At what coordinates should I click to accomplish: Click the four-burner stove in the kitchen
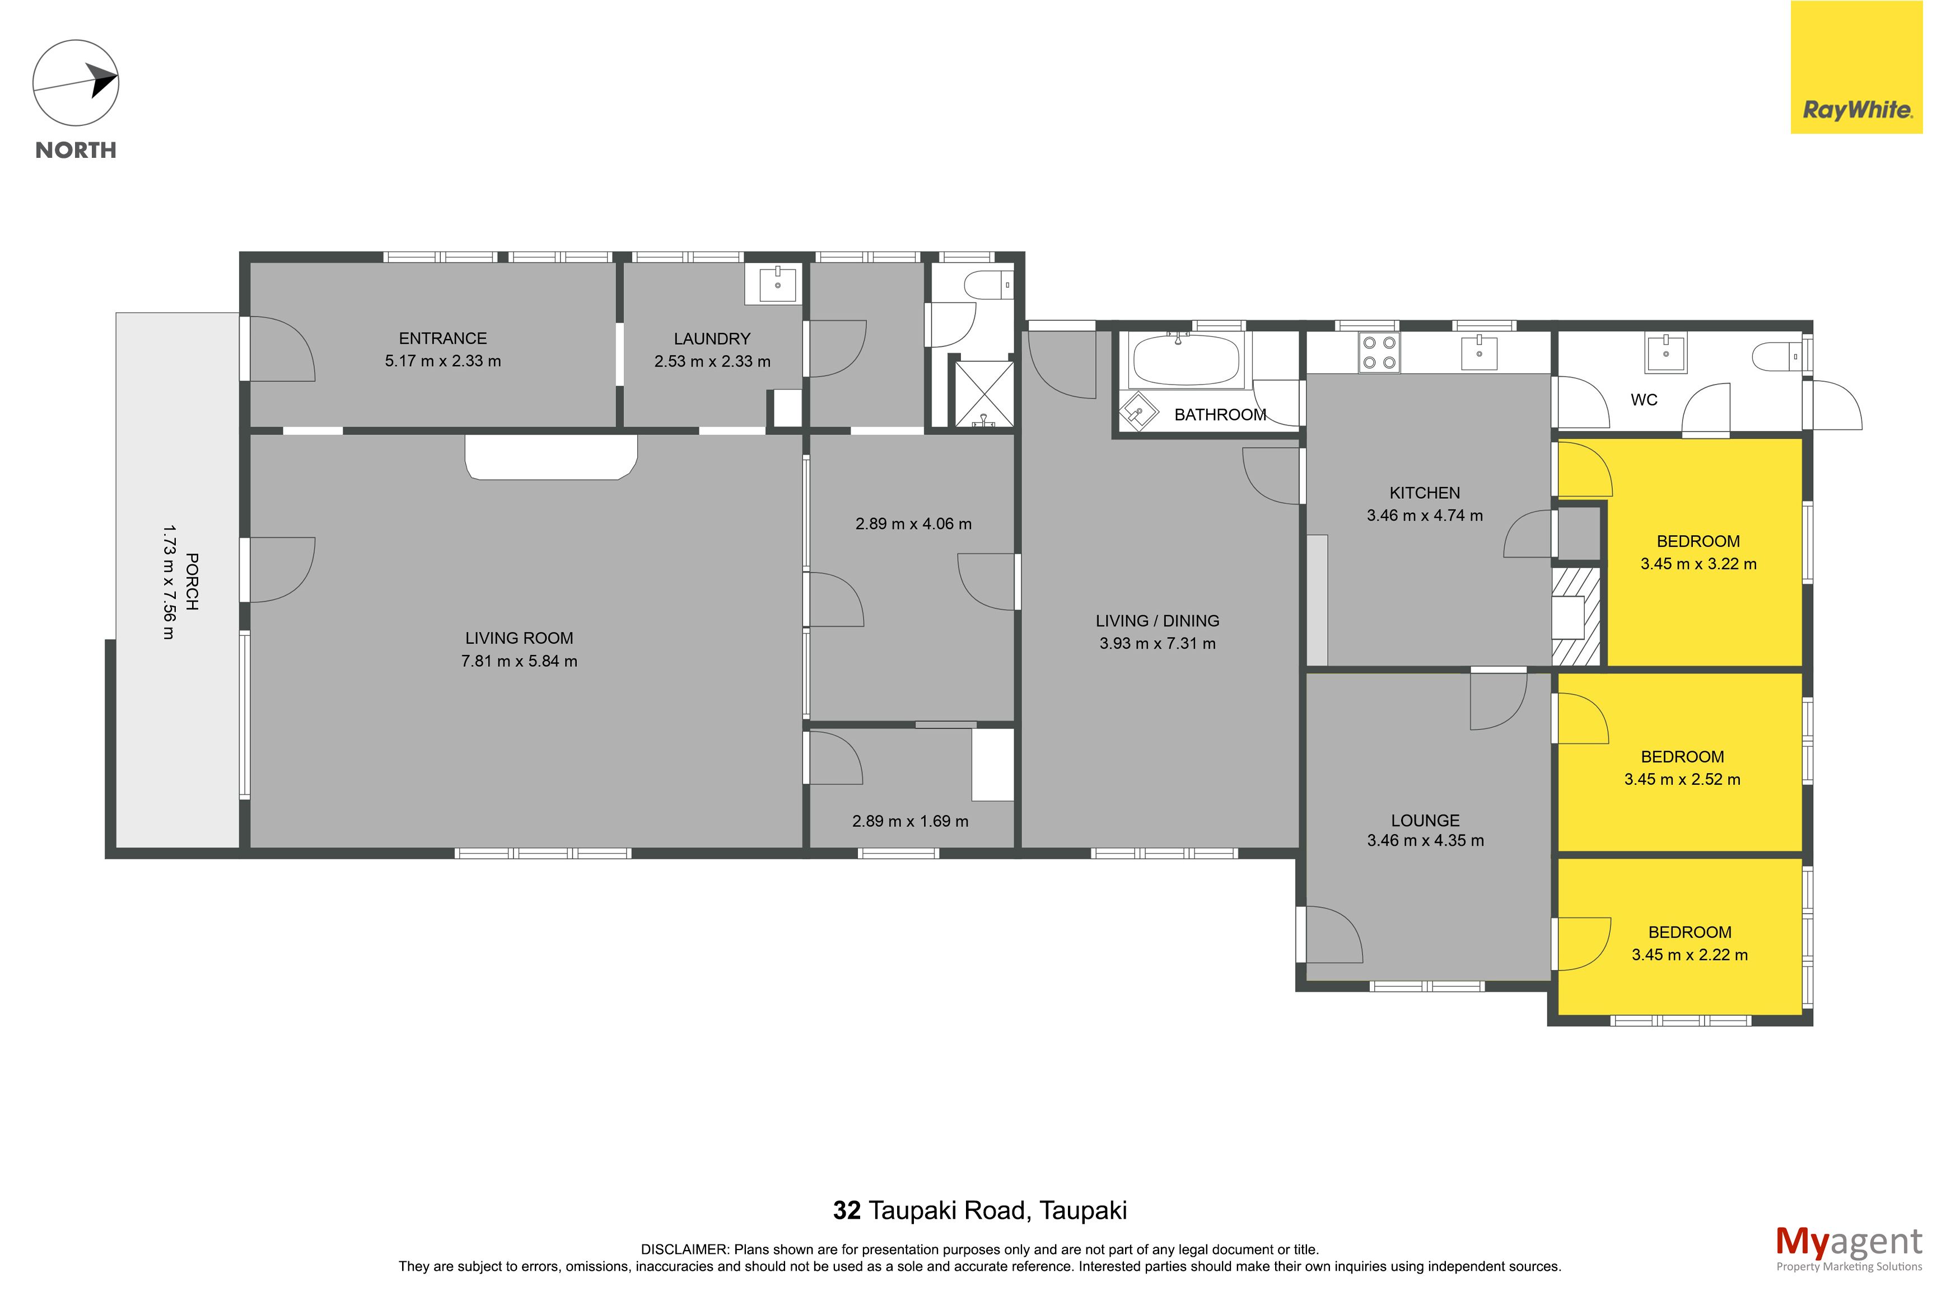[1379, 352]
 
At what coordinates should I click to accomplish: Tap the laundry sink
[778, 283]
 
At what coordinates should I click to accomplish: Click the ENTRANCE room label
[442, 338]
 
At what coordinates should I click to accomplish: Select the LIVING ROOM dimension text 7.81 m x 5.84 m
[519, 661]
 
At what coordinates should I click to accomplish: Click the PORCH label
[192, 582]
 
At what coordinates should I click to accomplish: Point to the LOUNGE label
[1425, 821]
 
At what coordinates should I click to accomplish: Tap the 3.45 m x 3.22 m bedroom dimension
[1698, 564]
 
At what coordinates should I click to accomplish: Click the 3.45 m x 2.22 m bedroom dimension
[1690, 956]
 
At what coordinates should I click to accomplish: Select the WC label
[1644, 400]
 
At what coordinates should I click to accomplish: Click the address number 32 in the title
[846, 1210]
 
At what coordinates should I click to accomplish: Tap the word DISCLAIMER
[684, 1249]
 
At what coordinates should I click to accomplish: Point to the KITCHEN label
[1425, 493]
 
